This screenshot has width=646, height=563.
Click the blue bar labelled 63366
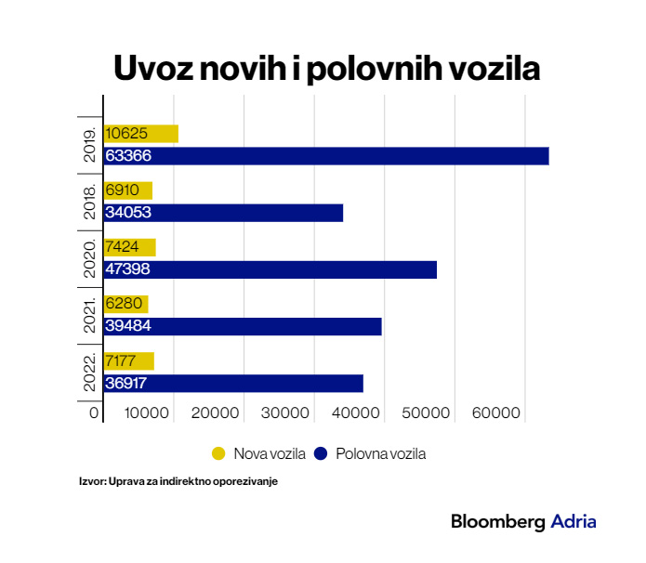pos(325,156)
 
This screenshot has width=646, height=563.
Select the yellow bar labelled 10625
pos(140,134)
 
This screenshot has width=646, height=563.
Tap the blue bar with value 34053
pos(223,213)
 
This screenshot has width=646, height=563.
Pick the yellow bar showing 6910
pos(127,190)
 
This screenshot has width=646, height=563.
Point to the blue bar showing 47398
pos(270,269)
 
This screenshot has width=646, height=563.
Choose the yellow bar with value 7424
pos(129,247)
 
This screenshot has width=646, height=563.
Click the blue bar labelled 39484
pos(243,326)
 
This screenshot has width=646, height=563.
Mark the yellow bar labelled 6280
pos(125,304)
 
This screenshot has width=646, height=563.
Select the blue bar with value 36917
pos(233,383)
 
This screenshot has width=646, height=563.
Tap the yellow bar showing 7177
pos(128,360)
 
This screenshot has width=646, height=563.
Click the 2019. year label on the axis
pos(91,145)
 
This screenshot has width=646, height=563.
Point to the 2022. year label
pos(91,372)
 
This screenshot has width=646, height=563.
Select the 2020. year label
pos(91,258)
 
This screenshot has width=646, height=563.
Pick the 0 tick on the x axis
pos(94,412)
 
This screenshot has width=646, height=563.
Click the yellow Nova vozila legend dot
pos(219,453)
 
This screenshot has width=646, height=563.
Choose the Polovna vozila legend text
pos(380,453)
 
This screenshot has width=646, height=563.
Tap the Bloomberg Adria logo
pos(523,522)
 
